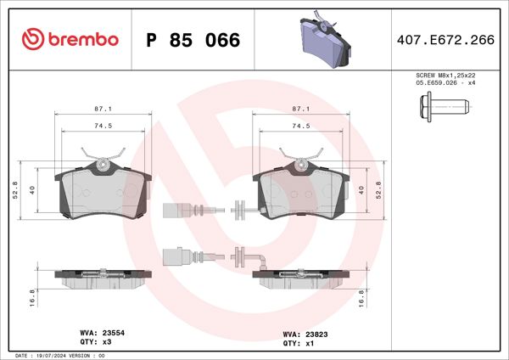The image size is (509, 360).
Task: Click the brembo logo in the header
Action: tap(70, 39)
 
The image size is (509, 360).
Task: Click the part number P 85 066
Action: tap(193, 40)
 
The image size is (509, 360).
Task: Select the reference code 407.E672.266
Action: tap(446, 39)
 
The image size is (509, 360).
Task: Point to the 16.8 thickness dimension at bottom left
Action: tap(31, 296)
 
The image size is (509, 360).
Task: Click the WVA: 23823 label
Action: tap(299, 334)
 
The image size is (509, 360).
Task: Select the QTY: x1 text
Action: tap(293, 343)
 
